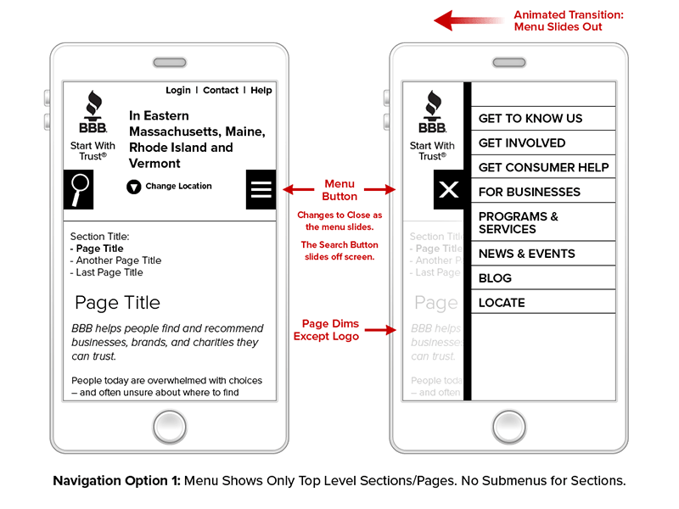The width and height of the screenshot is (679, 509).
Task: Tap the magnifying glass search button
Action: click(79, 189)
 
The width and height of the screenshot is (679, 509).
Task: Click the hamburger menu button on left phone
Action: click(261, 189)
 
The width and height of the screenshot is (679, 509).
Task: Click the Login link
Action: click(178, 91)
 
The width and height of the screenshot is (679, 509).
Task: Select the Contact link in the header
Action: click(221, 91)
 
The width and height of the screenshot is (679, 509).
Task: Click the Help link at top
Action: click(261, 91)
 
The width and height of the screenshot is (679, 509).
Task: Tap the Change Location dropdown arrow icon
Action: click(133, 187)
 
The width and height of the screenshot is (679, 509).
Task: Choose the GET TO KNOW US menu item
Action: click(530, 119)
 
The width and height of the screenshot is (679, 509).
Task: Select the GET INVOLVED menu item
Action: click(522, 143)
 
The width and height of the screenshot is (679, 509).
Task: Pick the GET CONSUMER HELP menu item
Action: click(543, 167)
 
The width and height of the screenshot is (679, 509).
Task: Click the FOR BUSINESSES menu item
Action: click(530, 192)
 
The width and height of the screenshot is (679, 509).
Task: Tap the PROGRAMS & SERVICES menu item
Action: click(519, 222)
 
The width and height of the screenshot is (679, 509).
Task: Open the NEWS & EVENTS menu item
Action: click(527, 254)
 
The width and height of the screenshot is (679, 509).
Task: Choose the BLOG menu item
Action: click(496, 278)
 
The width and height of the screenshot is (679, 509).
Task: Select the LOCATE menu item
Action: click(502, 303)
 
